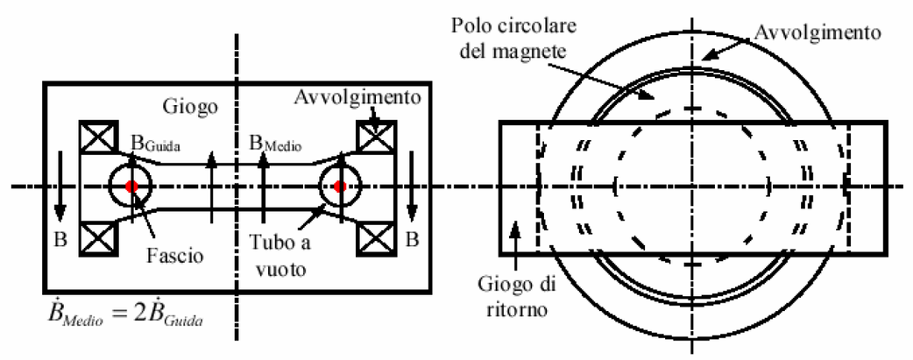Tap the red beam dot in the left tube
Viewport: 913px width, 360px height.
(x=131, y=187)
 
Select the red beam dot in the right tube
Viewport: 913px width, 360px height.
(x=340, y=187)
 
